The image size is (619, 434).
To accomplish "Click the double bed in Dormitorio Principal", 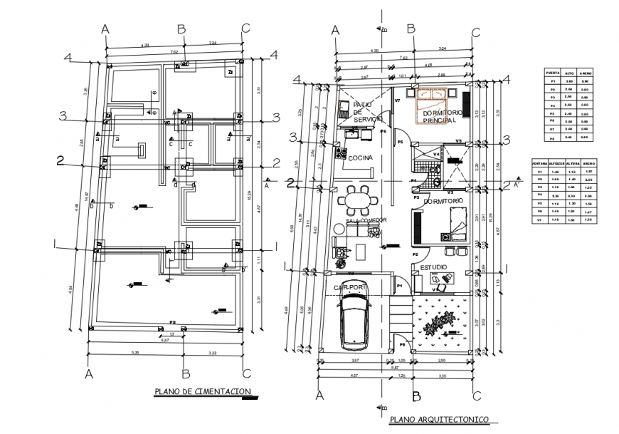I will [434, 95].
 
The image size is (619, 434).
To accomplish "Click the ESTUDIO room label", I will [433, 267].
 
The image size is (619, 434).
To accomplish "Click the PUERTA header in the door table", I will [551, 73].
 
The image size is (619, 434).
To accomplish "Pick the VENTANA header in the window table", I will [541, 163].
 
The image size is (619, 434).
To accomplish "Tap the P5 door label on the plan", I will [401, 143].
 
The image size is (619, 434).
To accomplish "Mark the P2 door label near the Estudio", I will [415, 254].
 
